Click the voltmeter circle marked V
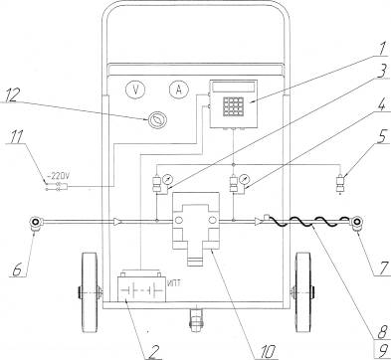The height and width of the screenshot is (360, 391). pyautogui.click(x=135, y=90)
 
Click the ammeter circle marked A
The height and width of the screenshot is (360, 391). pyautogui.click(x=179, y=90)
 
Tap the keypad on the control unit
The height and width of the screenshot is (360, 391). pyautogui.click(x=234, y=106)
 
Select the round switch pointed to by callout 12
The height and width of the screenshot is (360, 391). pyautogui.click(x=157, y=120)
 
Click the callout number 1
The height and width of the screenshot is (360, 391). pyautogui.click(x=382, y=49)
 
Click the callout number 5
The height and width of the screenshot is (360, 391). pyautogui.click(x=382, y=136)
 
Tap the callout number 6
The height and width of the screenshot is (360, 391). pyautogui.click(x=17, y=270)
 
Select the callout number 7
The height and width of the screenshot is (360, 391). pyautogui.click(x=384, y=268)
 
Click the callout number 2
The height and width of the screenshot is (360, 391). pyautogui.click(x=153, y=352)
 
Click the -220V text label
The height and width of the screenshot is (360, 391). pyautogui.click(x=58, y=175)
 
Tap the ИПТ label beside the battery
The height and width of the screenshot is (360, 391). pyautogui.click(x=174, y=282)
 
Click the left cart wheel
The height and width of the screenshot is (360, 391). pyautogui.click(x=90, y=292)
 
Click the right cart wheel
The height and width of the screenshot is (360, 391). pyautogui.click(x=303, y=292)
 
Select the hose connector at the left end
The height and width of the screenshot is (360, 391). pyautogui.click(x=35, y=223)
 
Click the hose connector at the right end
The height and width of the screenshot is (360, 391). pyautogui.click(x=357, y=223)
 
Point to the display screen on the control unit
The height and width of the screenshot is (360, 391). pyautogui.click(x=234, y=88)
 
